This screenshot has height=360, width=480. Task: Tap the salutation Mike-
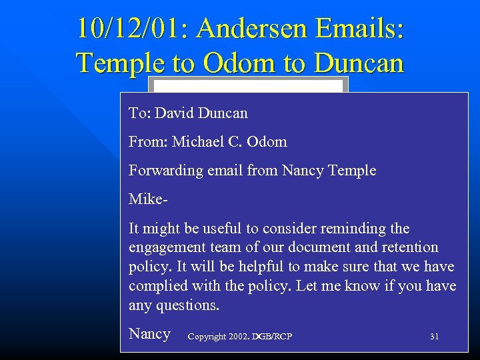(x=146, y=199)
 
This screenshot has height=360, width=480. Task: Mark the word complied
(x=159, y=286)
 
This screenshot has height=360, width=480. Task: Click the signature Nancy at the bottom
(x=149, y=334)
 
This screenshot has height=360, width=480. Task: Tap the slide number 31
(x=434, y=337)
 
